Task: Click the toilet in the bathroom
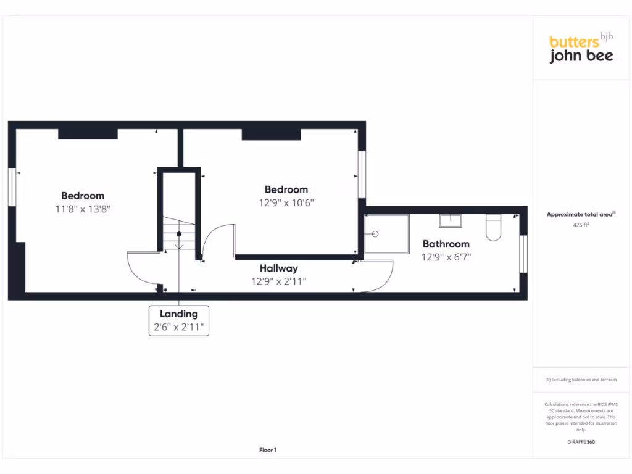pos(494,227)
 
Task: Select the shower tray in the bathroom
pos(386,234)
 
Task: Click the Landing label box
pos(179,320)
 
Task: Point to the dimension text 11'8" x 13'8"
pos(83,209)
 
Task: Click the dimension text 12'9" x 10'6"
pos(286,202)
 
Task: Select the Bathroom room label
pos(446,244)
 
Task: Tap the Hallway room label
pos(278,268)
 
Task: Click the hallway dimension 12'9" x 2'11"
pos(278,281)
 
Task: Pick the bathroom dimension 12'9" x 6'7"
pos(446,256)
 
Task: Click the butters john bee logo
pos(581,49)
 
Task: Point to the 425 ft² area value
pos(581,225)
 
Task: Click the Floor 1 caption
pos(268,450)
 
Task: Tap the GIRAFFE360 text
pos(581,442)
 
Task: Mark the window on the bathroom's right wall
pos(524,254)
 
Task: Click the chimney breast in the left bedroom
pos(88,134)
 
